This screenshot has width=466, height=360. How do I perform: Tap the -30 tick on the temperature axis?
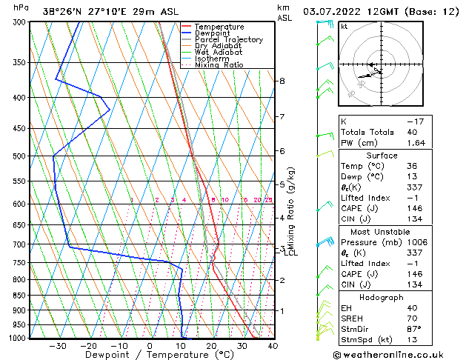pyautogui.click(x=58, y=345)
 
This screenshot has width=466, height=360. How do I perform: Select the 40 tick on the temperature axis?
pyautogui.click(x=273, y=345)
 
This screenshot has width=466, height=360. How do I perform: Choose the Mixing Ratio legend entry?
pyautogui.click(x=219, y=65)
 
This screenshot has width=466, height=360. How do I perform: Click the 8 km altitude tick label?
pyautogui.click(x=282, y=81)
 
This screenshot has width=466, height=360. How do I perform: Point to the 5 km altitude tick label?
pyautogui.click(x=282, y=184)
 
